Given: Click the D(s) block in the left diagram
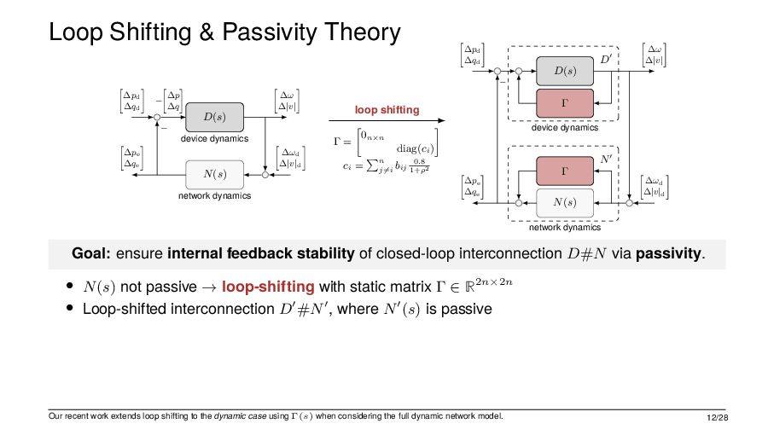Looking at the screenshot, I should tap(215, 116).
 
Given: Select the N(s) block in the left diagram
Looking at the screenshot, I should tap(215, 175).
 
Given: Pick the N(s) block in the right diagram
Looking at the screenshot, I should tap(565, 202).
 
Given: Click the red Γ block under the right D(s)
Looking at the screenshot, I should tap(565, 102).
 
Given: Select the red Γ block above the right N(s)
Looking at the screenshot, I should tap(565, 171).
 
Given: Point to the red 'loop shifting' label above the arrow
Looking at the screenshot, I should tap(387, 110).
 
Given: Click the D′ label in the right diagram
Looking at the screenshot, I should tap(606, 60).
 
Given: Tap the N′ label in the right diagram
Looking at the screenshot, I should tap(606, 159).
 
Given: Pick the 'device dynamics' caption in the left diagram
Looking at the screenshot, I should tap(214, 138).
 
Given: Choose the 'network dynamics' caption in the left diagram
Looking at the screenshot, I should tap(214, 196).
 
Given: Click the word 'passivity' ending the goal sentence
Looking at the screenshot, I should tap(670, 253).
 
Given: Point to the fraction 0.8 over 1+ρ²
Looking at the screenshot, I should tap(418, 165).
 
